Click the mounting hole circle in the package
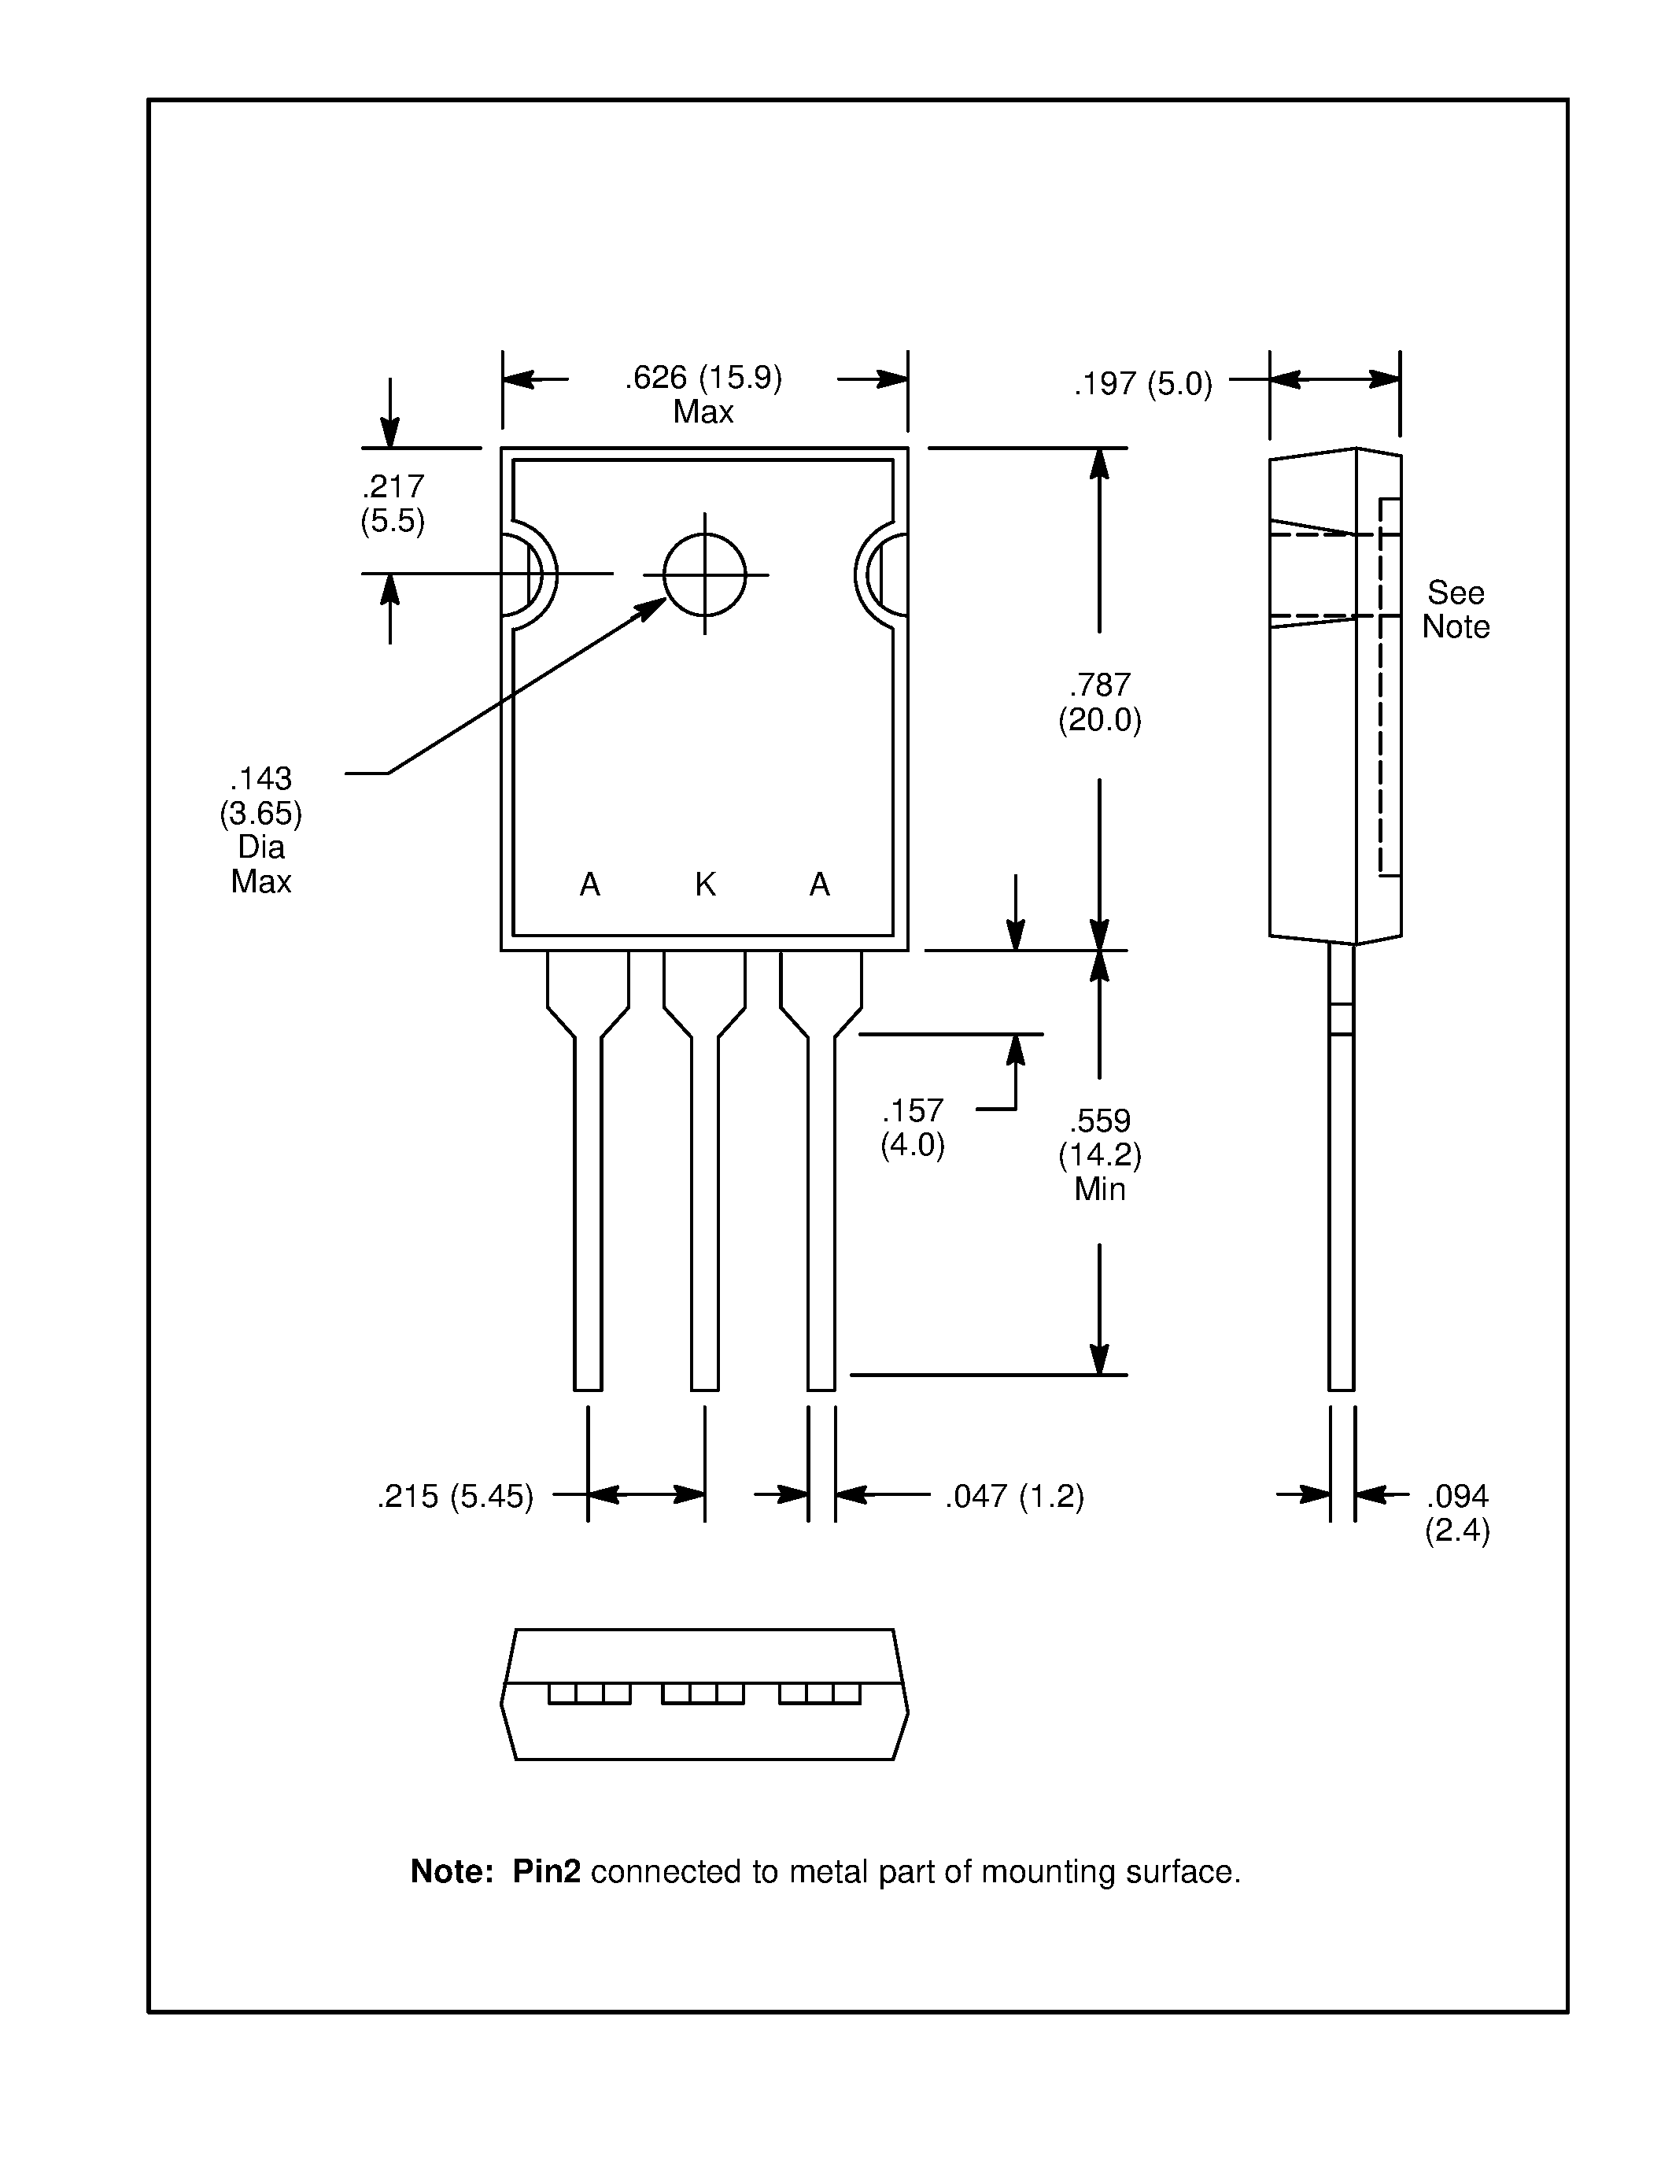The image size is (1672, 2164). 704,574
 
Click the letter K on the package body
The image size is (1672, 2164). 705,884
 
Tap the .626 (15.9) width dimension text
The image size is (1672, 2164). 703,379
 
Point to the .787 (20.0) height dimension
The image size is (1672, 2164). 1099,703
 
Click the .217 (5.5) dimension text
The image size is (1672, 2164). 393,504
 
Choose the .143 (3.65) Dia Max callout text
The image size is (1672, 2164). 260,829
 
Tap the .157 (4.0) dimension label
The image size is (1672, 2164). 912,1128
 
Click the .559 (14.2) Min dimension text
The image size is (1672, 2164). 1099,1154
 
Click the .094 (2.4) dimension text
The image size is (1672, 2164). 1457,1513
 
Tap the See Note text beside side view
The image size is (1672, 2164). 1455,609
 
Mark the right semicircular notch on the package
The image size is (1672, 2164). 884,574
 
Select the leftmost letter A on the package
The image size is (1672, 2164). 589,884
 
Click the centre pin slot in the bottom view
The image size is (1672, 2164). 703,1693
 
